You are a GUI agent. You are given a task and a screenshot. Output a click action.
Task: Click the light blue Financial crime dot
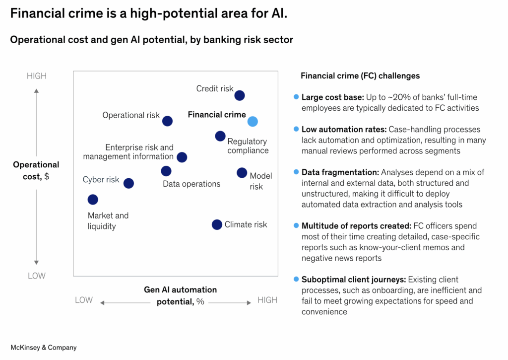253,122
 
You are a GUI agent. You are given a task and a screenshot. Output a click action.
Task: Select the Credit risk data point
240,95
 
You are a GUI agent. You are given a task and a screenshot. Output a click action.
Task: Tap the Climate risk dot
217,224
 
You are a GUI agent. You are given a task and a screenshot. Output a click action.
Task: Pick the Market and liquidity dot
93,200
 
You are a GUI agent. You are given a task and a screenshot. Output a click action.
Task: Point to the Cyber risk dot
128,183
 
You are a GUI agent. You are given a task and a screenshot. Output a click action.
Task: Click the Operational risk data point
168,121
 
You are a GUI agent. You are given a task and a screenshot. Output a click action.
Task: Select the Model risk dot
242,173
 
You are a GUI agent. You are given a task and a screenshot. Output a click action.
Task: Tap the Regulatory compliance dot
220,136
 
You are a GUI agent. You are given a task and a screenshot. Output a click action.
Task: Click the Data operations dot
166,171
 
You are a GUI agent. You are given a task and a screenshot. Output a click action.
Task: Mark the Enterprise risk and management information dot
182,157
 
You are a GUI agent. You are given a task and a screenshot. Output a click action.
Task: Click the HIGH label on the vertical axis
37,76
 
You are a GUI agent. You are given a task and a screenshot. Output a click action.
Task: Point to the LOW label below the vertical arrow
37,276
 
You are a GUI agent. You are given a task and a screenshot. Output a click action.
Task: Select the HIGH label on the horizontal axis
267,300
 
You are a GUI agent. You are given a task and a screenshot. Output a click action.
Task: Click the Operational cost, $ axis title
36,170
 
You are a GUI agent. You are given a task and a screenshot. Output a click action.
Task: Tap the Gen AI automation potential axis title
180,295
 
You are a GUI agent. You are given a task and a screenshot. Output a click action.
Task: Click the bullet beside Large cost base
296,97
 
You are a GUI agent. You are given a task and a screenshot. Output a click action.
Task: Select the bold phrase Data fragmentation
340,172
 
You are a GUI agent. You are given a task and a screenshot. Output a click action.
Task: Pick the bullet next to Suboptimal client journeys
296,279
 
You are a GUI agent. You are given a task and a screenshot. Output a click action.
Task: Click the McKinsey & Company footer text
44,348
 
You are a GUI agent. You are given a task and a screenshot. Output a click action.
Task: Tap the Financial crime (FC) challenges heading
360,76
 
